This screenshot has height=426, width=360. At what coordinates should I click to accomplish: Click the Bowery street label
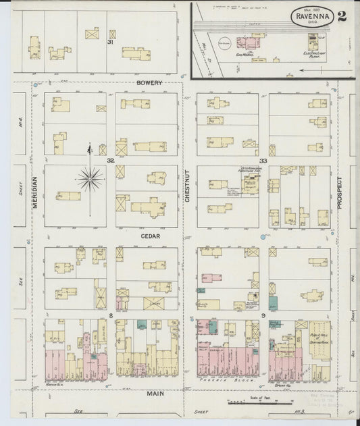pyautogui.click(x=149, y=83)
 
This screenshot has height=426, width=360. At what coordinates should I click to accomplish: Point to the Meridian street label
pyautogui.click(x=34, y=191)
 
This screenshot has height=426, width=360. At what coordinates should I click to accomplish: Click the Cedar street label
pyautogui.click(x=149, y=237)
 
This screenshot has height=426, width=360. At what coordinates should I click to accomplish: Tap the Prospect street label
pyautogui.click(x=340, y=192)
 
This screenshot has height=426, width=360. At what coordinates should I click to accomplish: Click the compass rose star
pyautogui.click(x=90, y=179)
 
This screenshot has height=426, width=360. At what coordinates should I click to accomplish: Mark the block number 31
pyautogui.click(x=109, y=42)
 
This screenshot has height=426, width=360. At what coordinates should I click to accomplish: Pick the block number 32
pyautogui.click(x=110, y=161)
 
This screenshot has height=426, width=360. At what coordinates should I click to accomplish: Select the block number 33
pyautogui.click(x=263, y=161)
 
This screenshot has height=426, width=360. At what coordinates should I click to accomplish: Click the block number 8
pyautogui.click(x=110, y=315)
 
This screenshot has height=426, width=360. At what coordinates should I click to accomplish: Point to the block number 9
pyautogui.click(x=263, y=315)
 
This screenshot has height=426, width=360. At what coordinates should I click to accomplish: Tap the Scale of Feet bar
pyautogui.click(x=246, y=402)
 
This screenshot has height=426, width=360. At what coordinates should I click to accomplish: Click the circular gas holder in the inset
pyautogui.click(x=224, y=45)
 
